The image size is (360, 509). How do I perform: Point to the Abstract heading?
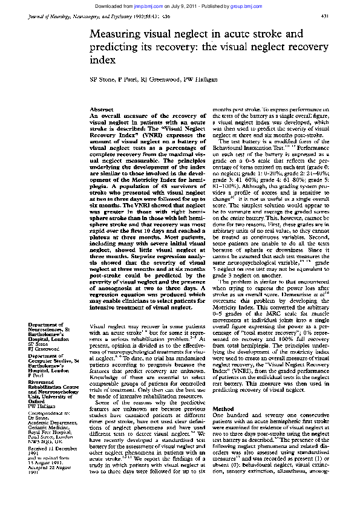tap(101, 108)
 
